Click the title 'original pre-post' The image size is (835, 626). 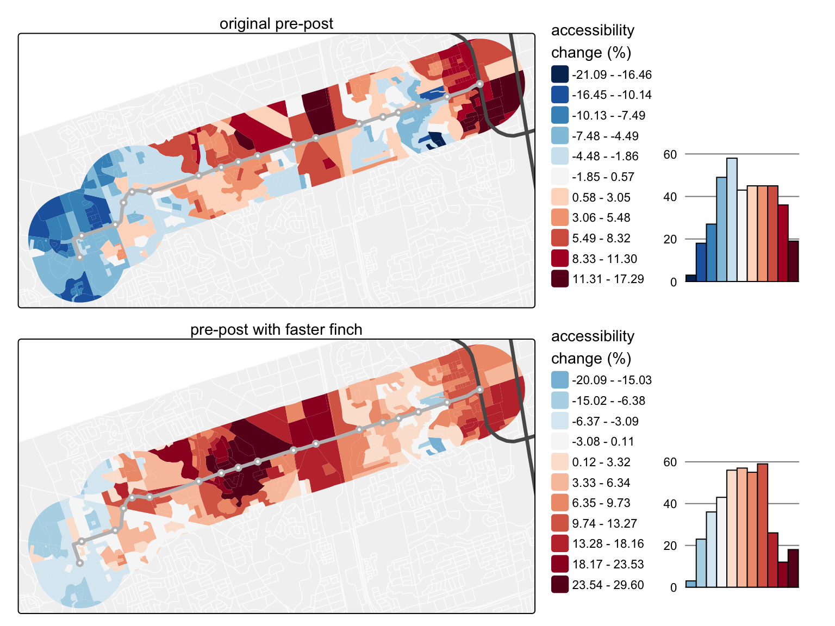(x=276, y=24)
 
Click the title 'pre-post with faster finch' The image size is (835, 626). (x=276, y=330)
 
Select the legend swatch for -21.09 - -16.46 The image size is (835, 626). (x=560, y=74)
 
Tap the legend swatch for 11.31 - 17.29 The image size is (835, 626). (x=560, y=279)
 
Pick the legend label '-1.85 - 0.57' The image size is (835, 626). (x=603, y=177)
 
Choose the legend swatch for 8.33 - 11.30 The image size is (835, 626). (x=560, y=259)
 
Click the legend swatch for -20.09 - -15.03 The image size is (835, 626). (x=560, y=380)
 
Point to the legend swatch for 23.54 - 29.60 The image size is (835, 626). (x=560, y=585)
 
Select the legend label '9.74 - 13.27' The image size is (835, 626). (x=604, y=523)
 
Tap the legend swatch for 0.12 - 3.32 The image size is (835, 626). (x=560, y=462)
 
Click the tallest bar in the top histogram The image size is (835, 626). (x=732, y=220)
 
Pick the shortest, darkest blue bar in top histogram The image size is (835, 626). (x=691, y=278)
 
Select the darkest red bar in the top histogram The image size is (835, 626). (x=794, y=261)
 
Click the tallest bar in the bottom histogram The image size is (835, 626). (x=762, y=525)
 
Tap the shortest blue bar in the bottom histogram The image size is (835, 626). (x=691, y=584)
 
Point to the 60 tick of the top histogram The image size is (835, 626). (x=670, y=155)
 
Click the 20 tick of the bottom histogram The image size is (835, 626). (x=670, y=546)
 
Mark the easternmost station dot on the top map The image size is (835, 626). (x=480, y=84)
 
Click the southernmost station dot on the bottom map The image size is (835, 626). (x=80, y=563)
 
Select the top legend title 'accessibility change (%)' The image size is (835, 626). (x=593, y=41)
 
